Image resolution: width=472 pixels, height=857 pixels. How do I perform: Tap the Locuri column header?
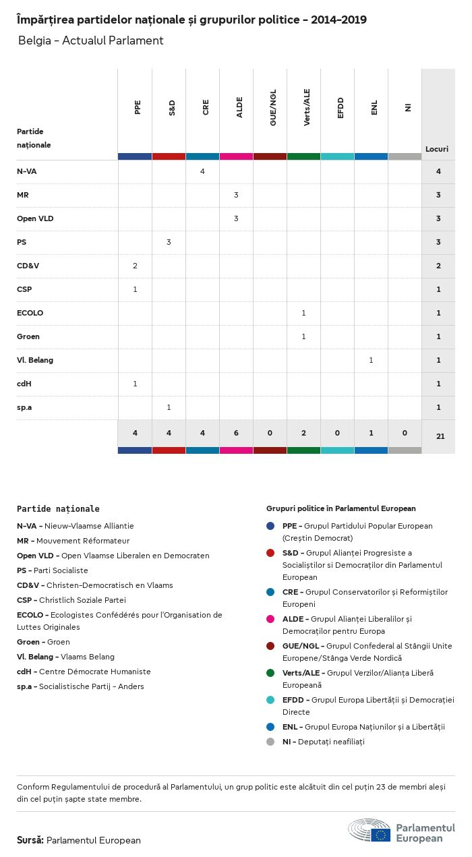437,149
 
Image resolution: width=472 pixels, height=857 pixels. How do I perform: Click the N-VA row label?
27,171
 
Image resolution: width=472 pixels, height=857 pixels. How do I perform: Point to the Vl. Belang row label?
35,360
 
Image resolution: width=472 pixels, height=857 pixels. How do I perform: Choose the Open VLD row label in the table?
36,218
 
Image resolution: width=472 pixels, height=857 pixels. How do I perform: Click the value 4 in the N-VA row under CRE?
202,171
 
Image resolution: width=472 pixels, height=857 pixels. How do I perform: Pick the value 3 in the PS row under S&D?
169,242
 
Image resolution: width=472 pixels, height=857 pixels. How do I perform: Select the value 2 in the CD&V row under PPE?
135,266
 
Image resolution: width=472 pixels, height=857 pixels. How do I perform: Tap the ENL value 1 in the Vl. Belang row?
371,360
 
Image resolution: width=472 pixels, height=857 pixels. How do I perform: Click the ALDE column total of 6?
236,433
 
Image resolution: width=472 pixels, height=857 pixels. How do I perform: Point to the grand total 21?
440,436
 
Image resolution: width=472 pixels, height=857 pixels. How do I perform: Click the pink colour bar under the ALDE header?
236,156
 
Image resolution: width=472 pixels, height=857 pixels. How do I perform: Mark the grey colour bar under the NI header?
405,156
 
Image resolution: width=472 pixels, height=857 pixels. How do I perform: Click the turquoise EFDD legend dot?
270,700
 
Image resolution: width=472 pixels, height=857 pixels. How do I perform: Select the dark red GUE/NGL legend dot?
270,646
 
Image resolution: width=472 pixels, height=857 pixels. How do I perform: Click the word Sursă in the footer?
30,840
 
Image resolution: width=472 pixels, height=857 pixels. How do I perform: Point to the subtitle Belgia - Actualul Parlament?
90,40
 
